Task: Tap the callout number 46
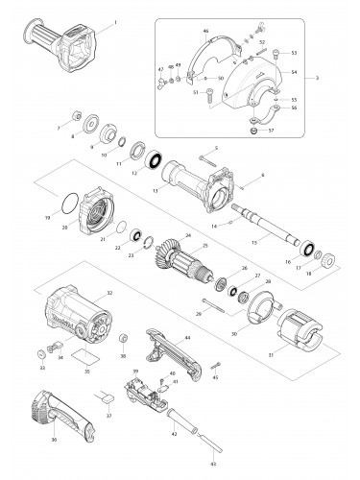pyautogui.click(x=205, y=32)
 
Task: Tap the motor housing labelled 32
pyautogui.click(x=74, y=318)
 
